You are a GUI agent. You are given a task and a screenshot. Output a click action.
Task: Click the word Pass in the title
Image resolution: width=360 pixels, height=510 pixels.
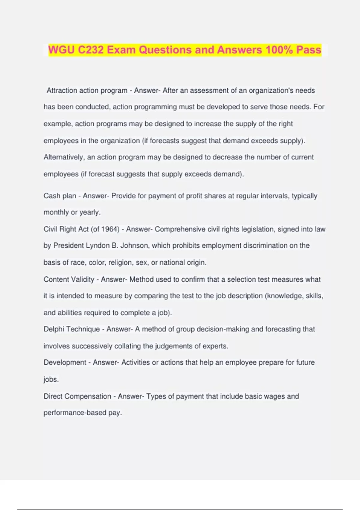click(309, 50)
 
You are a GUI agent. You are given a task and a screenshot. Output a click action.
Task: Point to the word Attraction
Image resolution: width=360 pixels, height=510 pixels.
click(62, 91)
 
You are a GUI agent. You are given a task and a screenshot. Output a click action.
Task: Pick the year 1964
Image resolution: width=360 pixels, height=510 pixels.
click(110, 229)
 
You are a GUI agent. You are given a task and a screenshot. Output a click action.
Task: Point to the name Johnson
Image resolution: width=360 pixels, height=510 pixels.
click(134, 246)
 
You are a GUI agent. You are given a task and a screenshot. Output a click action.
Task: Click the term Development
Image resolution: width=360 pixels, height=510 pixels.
click(65, 362)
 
